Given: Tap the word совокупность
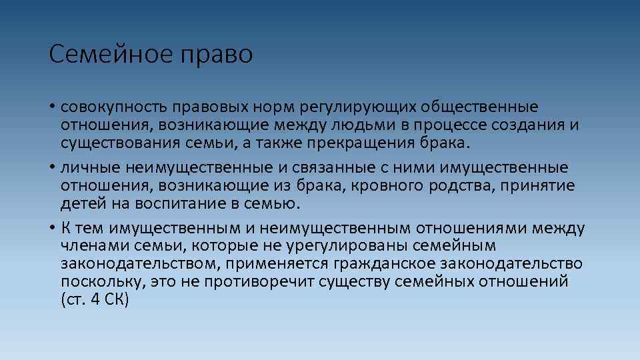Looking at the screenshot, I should pos(115,107).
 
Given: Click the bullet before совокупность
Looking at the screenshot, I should pos(52,107).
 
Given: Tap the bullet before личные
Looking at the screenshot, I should pos(52,167).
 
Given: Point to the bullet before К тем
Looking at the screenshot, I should pos(52,228).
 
